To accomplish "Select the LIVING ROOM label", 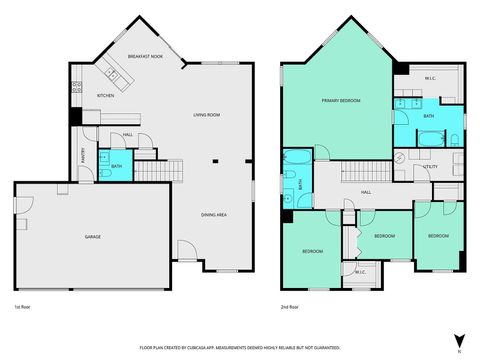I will coord(207,116).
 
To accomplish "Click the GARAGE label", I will coord(92,236).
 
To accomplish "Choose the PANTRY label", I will coord(83,155).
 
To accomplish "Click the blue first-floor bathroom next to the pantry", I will coord(116,166).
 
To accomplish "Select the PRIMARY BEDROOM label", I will coord(342,100).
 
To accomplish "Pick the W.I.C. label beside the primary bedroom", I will coord(428,79).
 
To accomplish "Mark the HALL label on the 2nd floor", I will coord(366,192).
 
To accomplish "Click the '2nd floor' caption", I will coord(291,306).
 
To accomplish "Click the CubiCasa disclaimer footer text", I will coord(240,348).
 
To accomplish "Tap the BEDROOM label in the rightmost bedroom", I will coord(437,236).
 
